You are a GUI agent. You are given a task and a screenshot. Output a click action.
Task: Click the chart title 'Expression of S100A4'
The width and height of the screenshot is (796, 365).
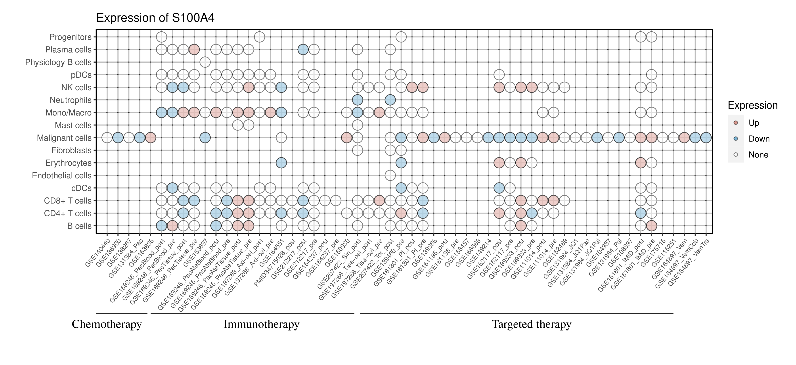155,18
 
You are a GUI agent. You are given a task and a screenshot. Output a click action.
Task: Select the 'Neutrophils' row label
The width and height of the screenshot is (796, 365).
71,100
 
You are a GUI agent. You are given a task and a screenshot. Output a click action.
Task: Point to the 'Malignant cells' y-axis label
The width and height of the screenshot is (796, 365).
64,138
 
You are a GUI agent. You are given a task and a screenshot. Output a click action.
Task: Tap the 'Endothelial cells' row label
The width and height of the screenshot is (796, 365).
62,176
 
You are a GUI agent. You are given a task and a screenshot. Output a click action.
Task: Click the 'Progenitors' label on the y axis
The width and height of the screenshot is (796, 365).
71,37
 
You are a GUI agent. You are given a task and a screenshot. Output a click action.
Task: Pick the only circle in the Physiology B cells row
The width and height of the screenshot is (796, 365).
205,62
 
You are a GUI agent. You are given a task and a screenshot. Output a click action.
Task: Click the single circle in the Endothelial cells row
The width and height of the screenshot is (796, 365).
390,176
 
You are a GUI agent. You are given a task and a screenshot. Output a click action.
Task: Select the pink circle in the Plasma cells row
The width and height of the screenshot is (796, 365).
194,50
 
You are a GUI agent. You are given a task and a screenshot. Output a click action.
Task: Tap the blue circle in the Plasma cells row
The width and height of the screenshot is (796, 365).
303,50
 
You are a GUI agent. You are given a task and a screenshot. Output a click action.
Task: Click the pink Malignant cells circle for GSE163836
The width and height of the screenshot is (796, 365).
151,138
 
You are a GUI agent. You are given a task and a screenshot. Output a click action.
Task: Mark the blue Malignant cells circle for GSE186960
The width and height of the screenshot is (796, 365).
118,138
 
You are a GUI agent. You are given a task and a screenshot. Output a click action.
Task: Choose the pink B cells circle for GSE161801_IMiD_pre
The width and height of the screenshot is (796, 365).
651,226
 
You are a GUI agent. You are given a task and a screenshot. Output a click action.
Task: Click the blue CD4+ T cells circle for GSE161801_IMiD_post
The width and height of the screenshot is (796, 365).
641,213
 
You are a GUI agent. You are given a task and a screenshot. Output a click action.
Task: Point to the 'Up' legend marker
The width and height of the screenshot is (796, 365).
736,123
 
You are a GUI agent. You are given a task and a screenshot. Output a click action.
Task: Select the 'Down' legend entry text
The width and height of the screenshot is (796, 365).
759,139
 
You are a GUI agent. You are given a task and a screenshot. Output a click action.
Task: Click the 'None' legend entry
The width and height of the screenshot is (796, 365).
758,155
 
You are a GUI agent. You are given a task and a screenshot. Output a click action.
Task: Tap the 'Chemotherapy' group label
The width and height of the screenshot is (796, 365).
107,324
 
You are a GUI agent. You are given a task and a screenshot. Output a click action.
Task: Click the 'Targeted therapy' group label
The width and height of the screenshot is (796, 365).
532,324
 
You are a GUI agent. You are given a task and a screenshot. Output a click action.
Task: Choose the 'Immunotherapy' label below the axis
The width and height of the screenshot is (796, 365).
261,324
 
